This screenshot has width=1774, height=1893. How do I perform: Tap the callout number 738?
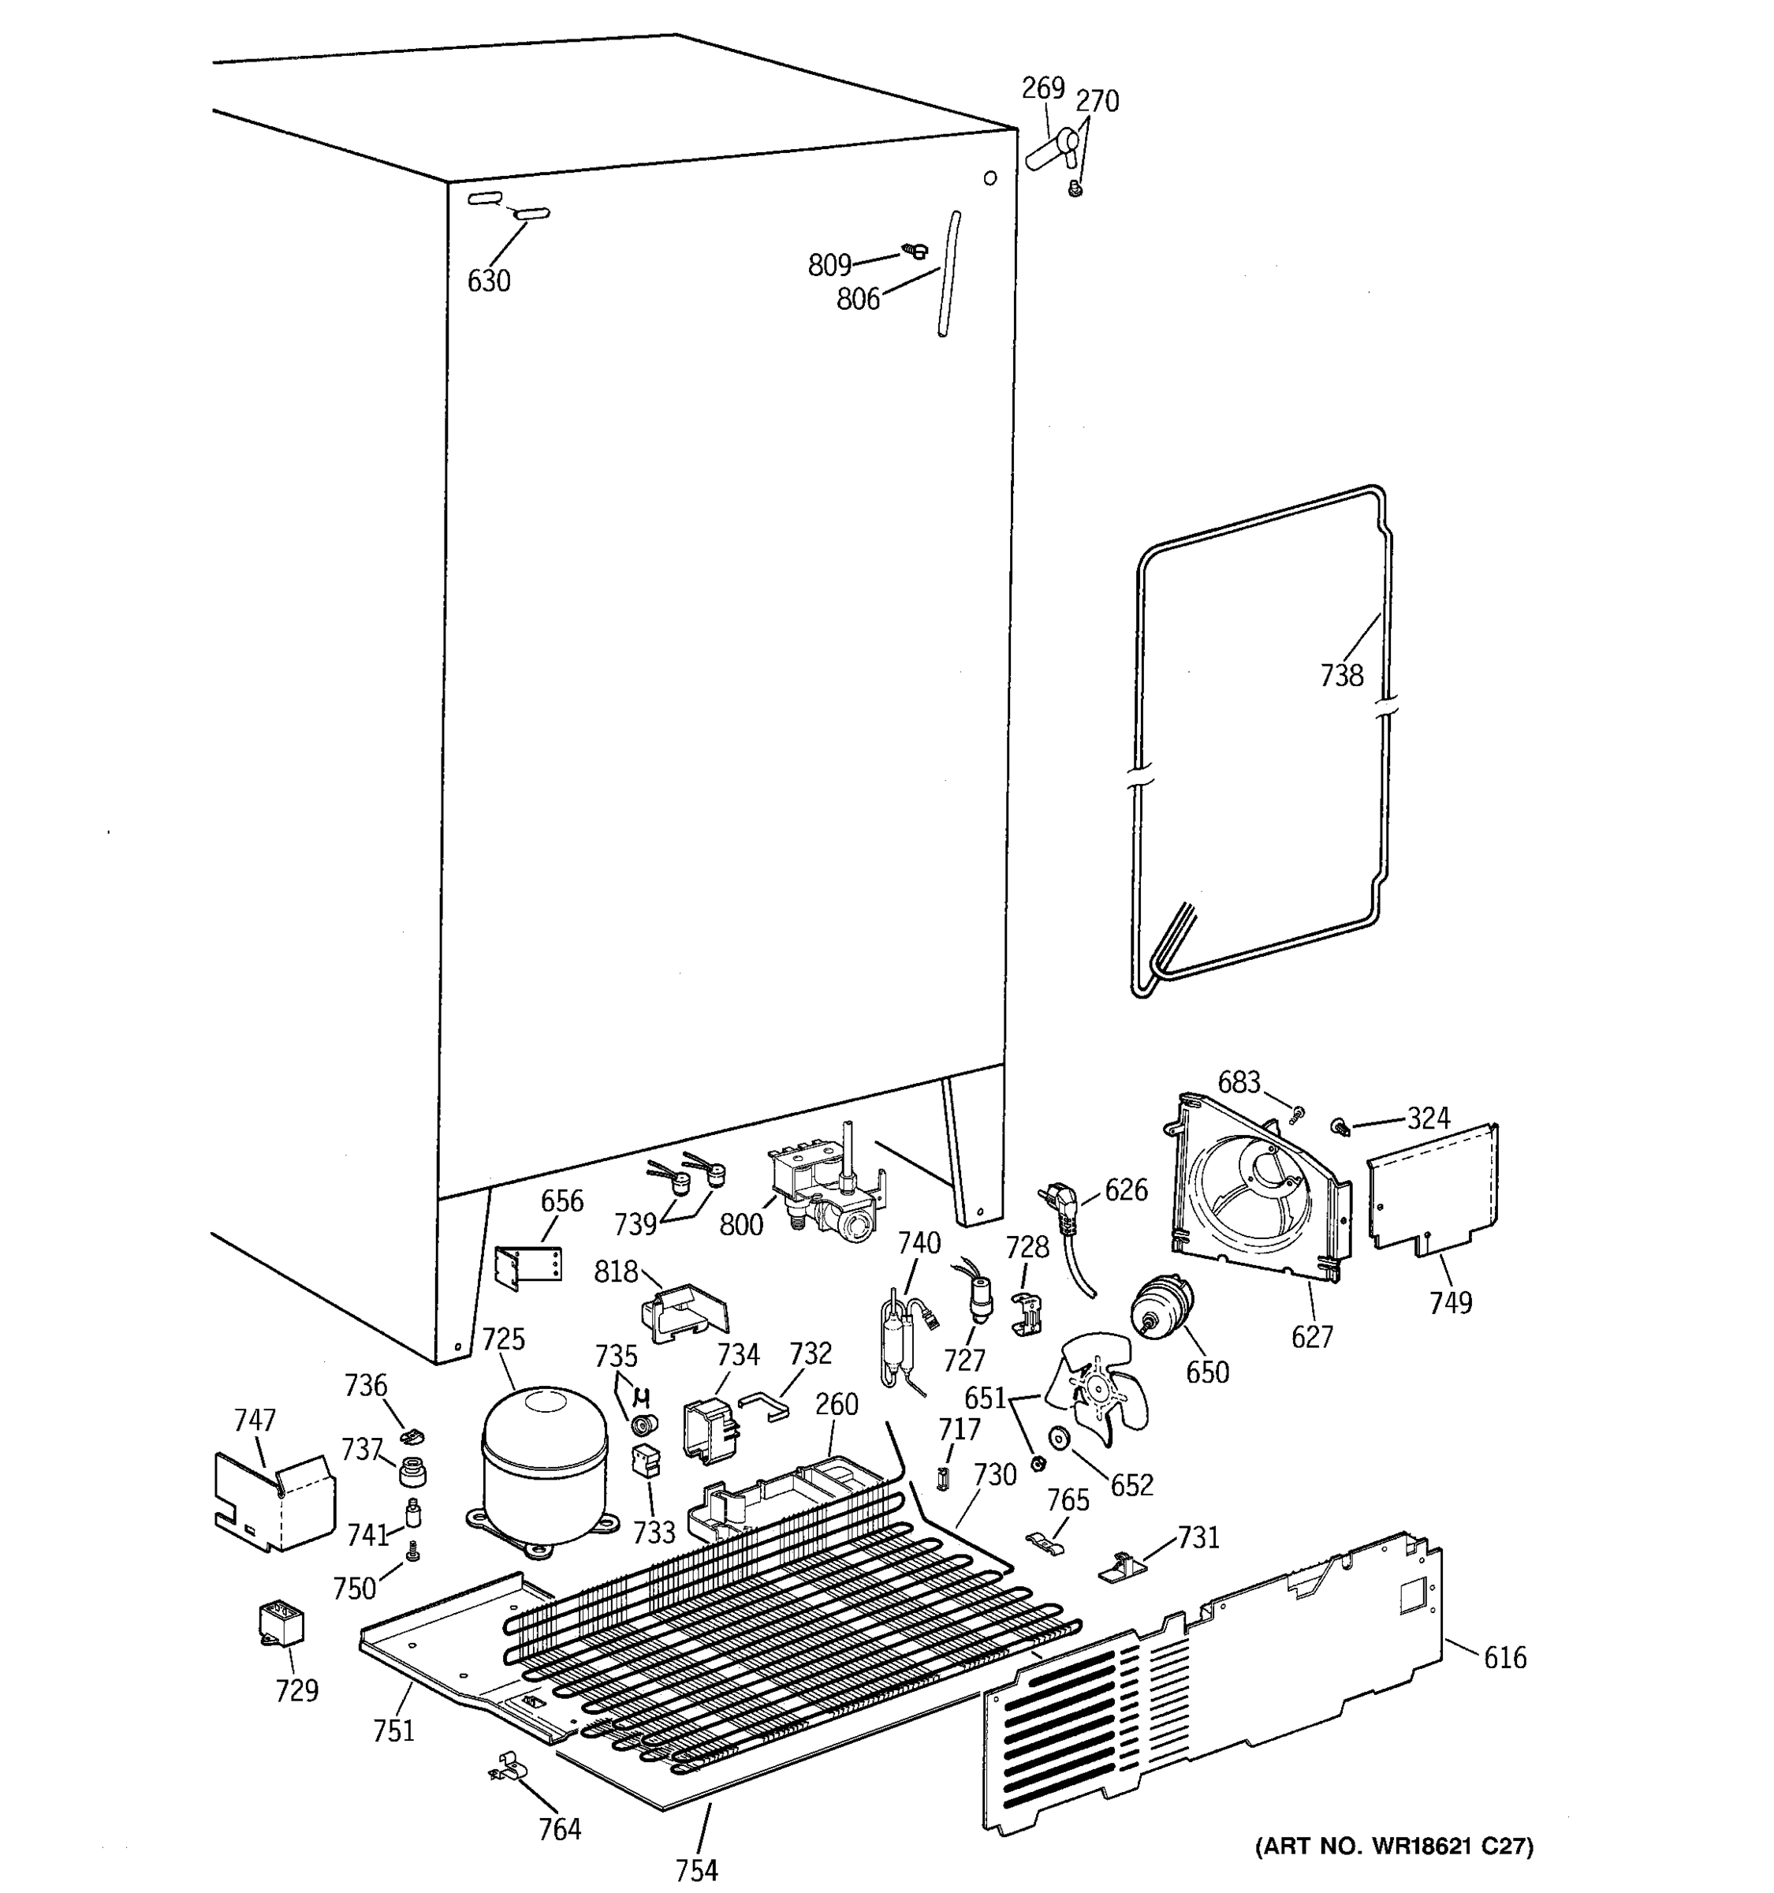pos(1341,675)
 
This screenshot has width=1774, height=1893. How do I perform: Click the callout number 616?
pos(1504,1658)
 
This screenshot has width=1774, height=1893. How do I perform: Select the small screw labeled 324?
pos(1343,1127)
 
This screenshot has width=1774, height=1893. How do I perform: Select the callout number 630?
pos(488,281)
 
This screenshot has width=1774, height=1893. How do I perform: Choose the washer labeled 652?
pos(1057,1437)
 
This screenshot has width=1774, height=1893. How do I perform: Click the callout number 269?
pos(1042,88)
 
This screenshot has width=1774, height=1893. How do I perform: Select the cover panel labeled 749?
pos(1431,1189)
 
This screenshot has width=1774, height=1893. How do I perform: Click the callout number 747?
pos(254,1420)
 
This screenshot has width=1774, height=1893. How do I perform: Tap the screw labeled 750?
pos(413,1552)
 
